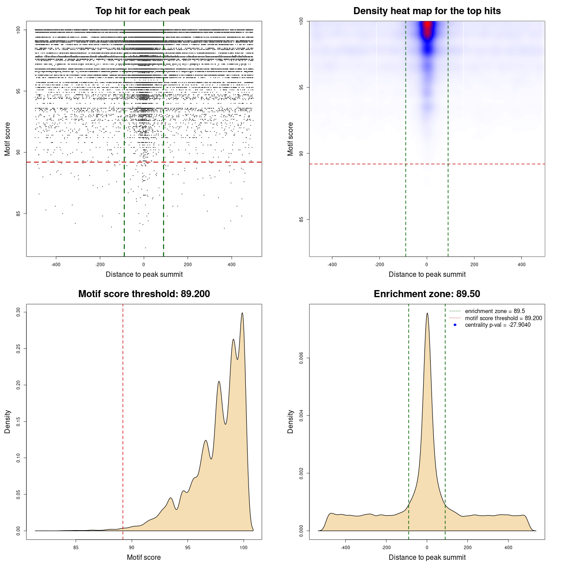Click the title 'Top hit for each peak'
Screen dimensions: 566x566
pyautogui.click(x=142, y=11)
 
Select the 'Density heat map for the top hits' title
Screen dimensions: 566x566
pyautogui.click(x=427, y=11)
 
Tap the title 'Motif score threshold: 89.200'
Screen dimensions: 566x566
pyautogui.click(x=144, y=294)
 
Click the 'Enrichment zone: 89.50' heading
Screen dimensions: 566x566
pyautogui.click(x=427, y=294)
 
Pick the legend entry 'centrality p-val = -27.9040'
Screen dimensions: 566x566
pyautogui.click(x=497, y=325)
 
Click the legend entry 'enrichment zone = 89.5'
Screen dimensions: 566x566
pyautogui.click(x=495, y=311)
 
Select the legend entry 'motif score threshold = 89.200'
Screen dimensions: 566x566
pyautogui.click(x=503, y=318)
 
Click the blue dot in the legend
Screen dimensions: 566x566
pyautogui.click(x=455, y=325)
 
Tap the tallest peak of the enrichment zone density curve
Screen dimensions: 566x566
pyautogui.click(x=427, y=314)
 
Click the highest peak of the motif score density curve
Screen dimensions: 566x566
pyautogui.click(x=242, y=313)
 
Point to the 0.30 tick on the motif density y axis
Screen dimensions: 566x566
pyautogui.click(x=19, y=312)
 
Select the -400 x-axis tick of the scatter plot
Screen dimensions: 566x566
pyautogui.click(x=56, y=264)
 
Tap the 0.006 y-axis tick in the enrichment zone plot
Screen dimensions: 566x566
pyautogui.click(x=302, y=358)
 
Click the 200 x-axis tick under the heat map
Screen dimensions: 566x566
pyautogui.click(x=474, y=264)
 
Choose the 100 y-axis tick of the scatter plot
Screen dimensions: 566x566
pyautogui.click(x=19, y=30)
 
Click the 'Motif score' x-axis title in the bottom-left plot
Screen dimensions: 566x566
pyautogui.click(x=144, y=557)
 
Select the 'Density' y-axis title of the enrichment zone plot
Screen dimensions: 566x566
pyautogui.click(x=291, y=421)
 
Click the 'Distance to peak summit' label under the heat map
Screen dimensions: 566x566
pyautogui.click(x=427, y=274)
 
